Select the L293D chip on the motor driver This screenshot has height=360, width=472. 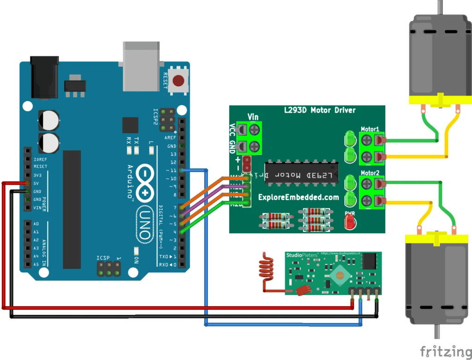click(301, 176)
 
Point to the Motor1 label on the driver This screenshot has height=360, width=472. click(369, 129)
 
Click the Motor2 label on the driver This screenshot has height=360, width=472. click(369, 173)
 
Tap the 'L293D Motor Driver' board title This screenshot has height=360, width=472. click(319, 110)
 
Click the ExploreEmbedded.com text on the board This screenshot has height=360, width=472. click(298, 197)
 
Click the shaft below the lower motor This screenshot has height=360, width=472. click(436, 331)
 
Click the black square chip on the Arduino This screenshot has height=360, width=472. click(130, 126)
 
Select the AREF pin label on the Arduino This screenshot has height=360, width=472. click(171, 138)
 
